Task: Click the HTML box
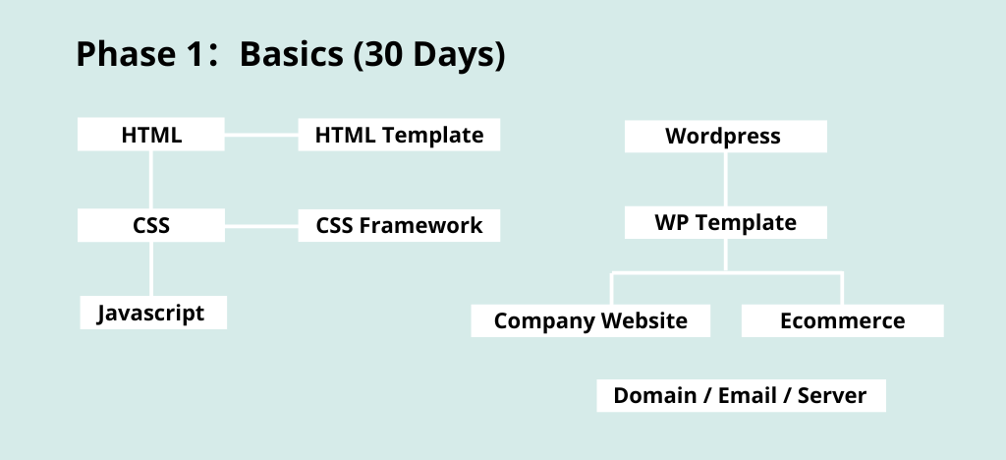click(x=150, y=134)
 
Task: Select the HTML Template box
click(x=399, y=135)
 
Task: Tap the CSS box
click(x=150, y=225)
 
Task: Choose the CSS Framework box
click(x=399, y=225)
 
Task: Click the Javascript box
click(x=153, y=313)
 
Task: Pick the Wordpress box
click(x=726, y=136)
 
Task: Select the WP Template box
click(x=726, y=222)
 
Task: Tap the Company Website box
click(x=590, y=320)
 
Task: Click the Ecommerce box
click(x=842, y=320)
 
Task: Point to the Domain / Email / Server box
click(x=741, y=395)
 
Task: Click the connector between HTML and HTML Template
click(x=261, y=135)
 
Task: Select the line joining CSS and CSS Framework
click(x=261, y=226)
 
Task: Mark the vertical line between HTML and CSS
click(x=150, y=180)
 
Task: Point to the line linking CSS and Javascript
click(x=150, y=268)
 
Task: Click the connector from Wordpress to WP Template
click(x=726, y=179)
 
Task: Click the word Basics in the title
click(x=291, y=54)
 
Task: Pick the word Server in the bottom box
click(x=831, y=395)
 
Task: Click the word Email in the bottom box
click(x=748, y=395)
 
